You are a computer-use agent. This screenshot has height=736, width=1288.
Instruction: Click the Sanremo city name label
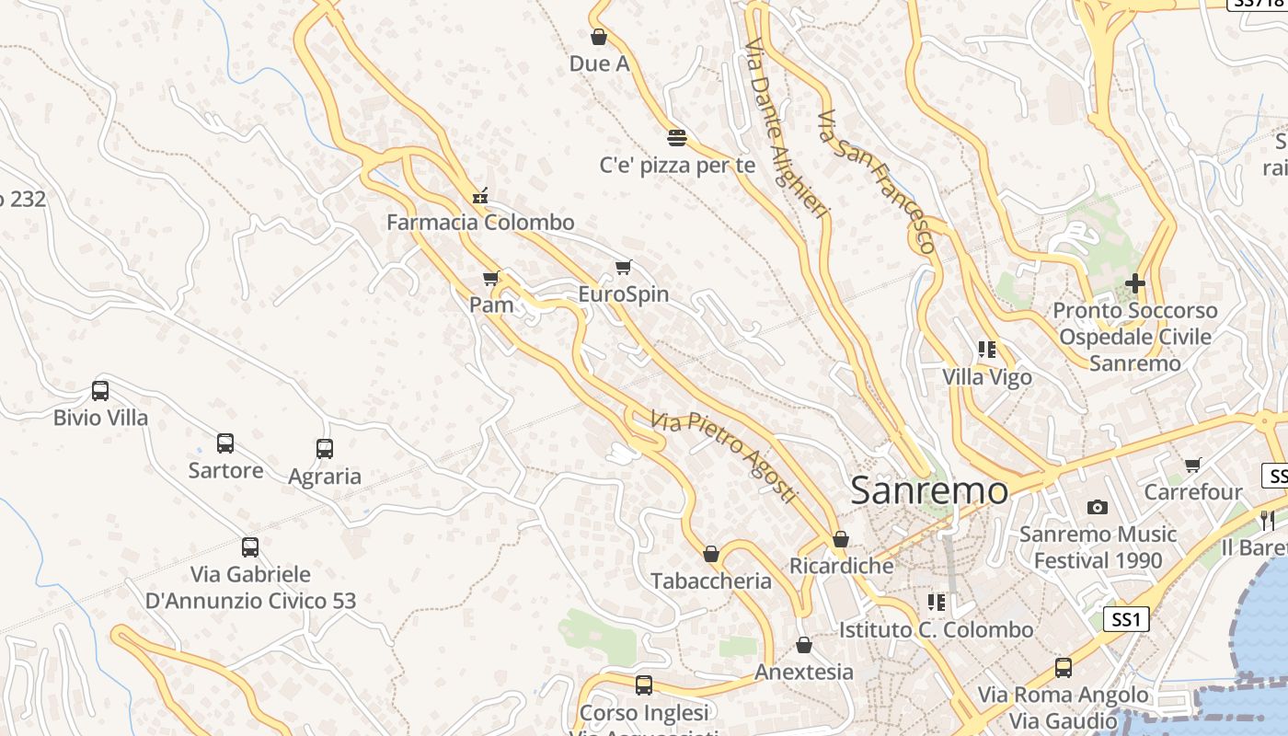coord(929,490)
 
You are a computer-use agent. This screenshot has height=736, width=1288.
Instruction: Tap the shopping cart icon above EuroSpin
coord(624,268)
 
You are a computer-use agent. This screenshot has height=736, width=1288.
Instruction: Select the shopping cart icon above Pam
coord(491,278)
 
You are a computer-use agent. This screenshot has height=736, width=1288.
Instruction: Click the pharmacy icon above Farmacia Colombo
coord(479,195)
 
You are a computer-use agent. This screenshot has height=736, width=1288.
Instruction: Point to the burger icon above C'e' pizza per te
coord(677,138)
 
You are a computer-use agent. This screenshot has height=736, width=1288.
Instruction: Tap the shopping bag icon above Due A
coord(599,37)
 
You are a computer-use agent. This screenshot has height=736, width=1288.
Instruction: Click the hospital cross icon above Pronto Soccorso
coord(1135,283)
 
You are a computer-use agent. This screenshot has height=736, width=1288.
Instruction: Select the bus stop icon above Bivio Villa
coord(100,391)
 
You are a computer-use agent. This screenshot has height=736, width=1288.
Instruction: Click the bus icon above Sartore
coord(225,443)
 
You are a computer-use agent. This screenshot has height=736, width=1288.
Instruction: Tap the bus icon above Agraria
coord(325,449)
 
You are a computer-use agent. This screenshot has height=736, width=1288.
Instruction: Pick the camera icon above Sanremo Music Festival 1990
coord(1097,507)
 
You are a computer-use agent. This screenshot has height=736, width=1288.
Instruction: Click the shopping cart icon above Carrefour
coord(1193,466)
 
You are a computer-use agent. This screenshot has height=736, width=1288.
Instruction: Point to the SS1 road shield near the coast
coord(1126,619)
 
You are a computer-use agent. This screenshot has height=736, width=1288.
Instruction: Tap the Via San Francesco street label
coord(877,181)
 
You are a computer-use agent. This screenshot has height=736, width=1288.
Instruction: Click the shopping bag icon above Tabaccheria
coord(710,554)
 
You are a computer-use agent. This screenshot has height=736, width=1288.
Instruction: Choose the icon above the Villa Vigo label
coord(987,350)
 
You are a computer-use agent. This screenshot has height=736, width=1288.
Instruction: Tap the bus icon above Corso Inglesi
coord(644,685)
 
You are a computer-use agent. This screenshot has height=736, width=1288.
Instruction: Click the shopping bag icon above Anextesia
coord(804,645)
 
